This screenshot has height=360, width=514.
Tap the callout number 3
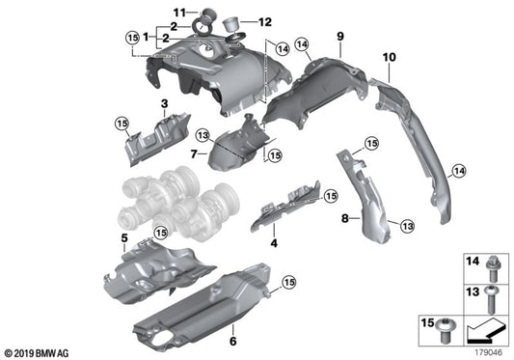tap(165, 102)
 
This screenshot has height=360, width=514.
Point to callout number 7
tap(194, 153)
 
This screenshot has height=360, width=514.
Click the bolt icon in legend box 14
tap(491, 263)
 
